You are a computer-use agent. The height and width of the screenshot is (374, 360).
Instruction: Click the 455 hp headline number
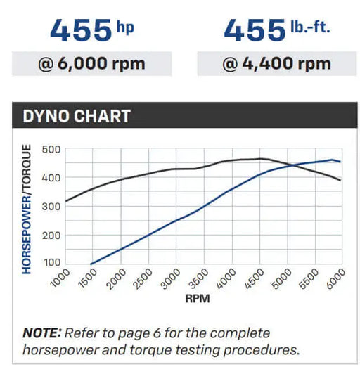pyautogui.click(x=81, y=30)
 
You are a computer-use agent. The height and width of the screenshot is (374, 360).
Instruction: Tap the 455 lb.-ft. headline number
pyautogui.click(x=255, y=30)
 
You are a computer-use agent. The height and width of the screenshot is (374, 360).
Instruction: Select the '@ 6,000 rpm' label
pyautogui.click(x=91, y=64)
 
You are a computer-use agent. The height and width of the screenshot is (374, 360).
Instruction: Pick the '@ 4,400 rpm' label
pyautogui.click(x=277, y=64)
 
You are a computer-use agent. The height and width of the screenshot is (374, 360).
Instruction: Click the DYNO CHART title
pyautogui.click(x=77, y=116)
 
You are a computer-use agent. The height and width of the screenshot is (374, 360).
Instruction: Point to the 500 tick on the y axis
pyautogui.click(x=51, y=150)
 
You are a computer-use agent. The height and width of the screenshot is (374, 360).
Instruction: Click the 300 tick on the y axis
pyautogui.click(x=51, y=207)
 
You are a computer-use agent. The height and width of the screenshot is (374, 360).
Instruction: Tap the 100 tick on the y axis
pyautogui.click(x=52, y=262)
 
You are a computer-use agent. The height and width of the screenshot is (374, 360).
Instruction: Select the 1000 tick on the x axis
pyautogui.click(x=60, y=278)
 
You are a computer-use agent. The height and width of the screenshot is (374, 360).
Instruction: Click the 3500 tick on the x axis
pyautogui.click(x=199, y=278)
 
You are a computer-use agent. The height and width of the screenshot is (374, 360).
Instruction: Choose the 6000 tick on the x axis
pyautogui.click(x=336, y=278)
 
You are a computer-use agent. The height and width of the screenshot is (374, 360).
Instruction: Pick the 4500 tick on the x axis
pyautogui.click(x=255, y=278)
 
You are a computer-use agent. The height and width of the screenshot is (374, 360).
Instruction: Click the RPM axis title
pyautogui.click(x=198, y=299)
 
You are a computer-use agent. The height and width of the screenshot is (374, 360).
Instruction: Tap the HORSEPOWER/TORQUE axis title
pyautogui.click(x=27, y=209)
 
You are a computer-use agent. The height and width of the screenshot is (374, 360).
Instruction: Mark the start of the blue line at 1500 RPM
pyautogui.click(x=91, y=264)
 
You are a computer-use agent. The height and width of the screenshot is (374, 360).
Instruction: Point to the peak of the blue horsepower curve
pyautogui.click(x=332, y=160)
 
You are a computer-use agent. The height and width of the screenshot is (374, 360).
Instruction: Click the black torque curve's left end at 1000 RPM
pyautogui.click(x=66, y=201)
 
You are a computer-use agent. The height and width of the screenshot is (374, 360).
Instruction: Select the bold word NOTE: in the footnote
pyautogui.click(x=42, y=333)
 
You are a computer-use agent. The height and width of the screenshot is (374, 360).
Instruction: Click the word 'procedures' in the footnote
pyautogui.click(x=262, y=351)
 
